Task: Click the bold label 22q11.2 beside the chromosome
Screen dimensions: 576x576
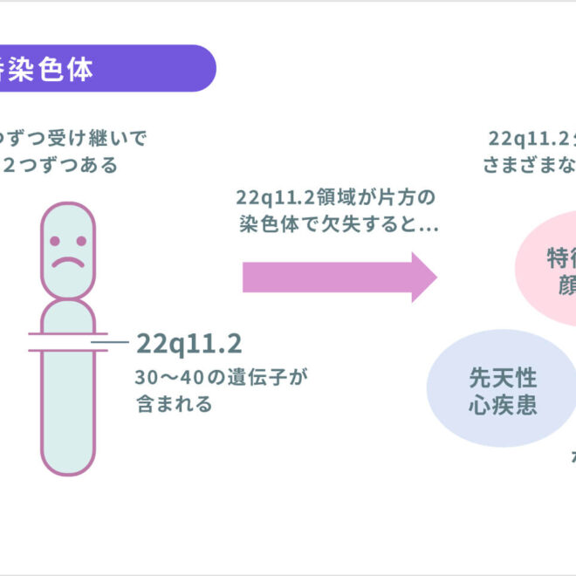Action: pos(189,344)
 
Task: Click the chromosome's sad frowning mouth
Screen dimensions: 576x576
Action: pos(67,260)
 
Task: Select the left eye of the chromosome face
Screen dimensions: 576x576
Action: pos(55,239)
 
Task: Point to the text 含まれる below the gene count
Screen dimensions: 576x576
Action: pos(175,405)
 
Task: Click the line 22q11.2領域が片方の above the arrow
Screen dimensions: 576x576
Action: pos(335,196)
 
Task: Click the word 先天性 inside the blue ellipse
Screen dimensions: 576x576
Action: pos(503,378)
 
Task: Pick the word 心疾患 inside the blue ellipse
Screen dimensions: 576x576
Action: pos(502,406)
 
